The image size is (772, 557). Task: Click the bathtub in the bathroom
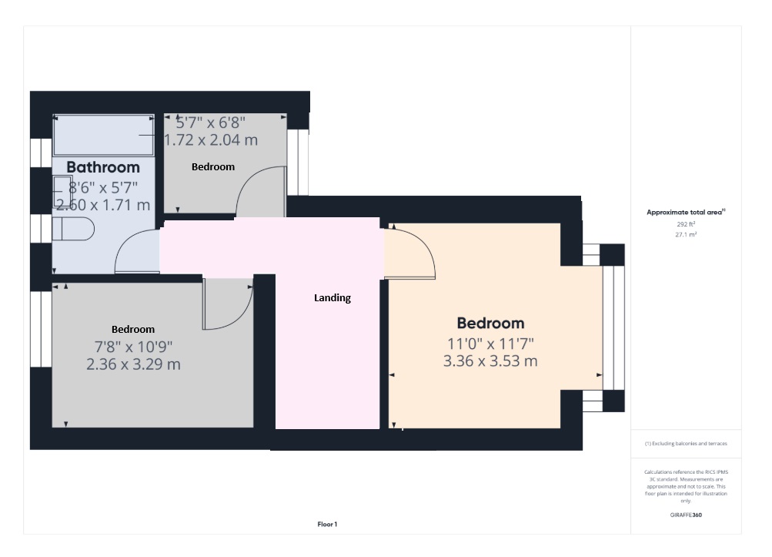103,136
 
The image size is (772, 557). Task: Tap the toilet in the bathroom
73,230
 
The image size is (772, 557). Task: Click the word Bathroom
103,167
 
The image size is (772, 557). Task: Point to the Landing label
333,297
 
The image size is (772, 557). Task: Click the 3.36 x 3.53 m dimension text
490,361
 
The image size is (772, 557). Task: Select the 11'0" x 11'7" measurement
490,343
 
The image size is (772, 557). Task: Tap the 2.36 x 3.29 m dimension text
133,364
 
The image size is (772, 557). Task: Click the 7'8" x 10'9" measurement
133,347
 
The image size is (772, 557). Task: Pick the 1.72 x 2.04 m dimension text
211,140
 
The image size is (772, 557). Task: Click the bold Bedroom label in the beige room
490,324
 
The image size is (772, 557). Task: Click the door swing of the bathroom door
134,253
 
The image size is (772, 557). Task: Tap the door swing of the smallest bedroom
259,191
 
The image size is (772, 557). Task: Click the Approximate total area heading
686,212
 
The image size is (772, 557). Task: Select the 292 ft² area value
686,224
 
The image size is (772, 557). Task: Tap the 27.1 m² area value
686,234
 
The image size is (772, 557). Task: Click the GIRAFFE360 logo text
686,515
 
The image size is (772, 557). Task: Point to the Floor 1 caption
327,525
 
